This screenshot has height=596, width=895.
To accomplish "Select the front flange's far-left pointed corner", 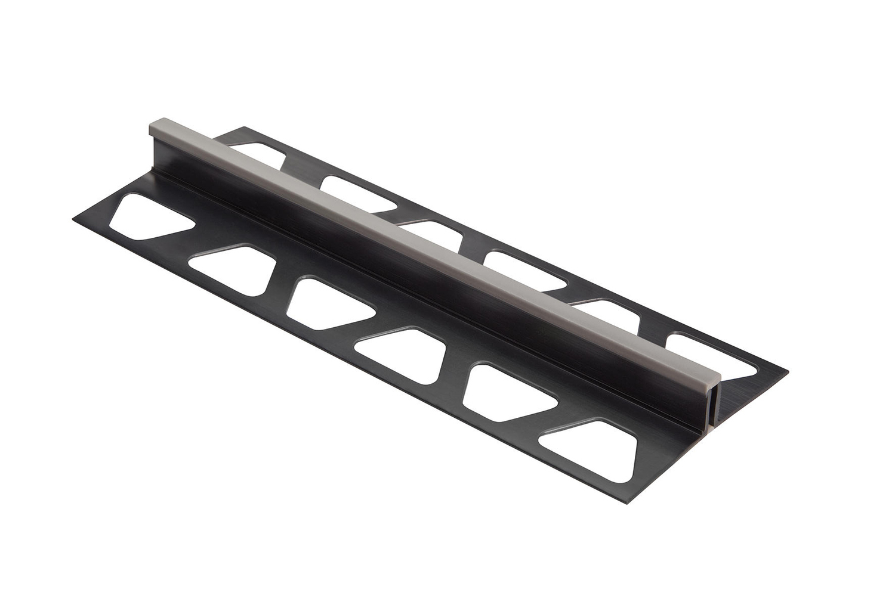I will (74, 220).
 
